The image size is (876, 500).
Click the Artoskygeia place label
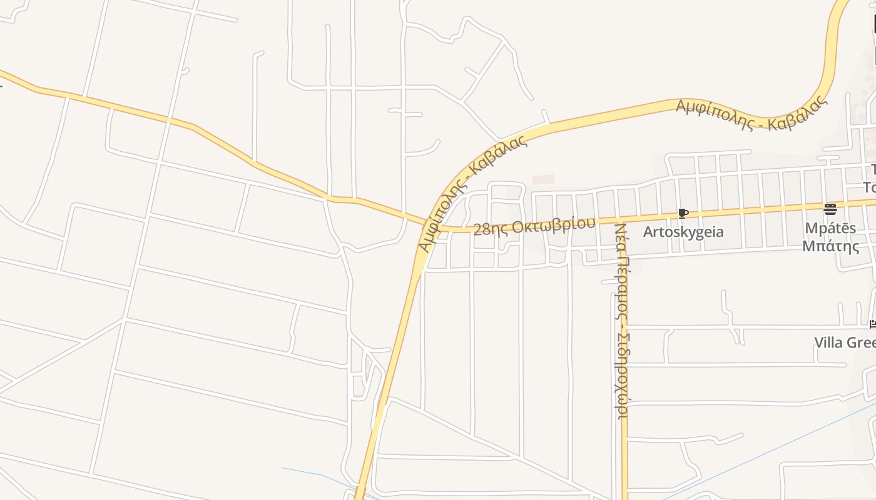tap(683, 232)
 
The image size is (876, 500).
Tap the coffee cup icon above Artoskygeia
tap(683, 214)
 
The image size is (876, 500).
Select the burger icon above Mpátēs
tap(830, 209)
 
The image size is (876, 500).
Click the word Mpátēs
tap(830, 229)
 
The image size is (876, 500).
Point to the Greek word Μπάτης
tap(831, 246)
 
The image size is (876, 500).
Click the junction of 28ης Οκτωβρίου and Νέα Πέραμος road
tap(624, 219)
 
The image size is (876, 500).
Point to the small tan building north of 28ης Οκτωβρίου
tap(543, 179)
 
